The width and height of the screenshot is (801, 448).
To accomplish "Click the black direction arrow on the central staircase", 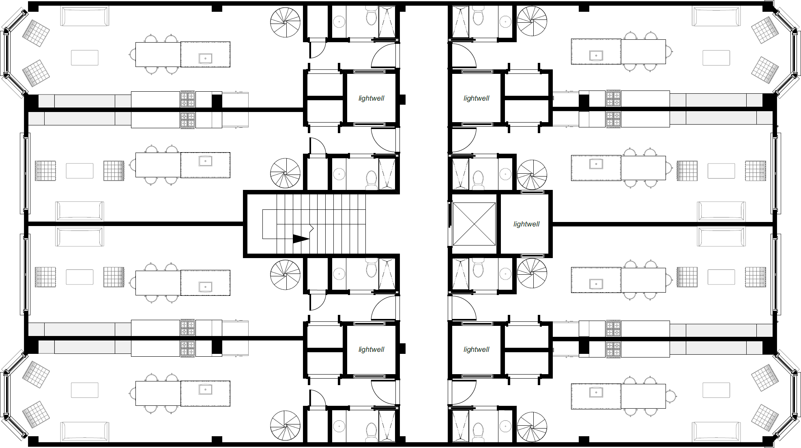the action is pyautogui.click(x=301, y=239).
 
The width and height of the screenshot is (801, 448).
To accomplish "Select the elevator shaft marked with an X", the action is pyautogui.click(x=474, y=224).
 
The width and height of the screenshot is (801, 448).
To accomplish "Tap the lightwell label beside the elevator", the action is pyautogui.click(x=526, y=224).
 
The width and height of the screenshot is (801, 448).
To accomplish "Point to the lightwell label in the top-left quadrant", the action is pyautogui.click(x=371, y=98).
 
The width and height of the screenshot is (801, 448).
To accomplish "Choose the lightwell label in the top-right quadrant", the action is pyautogui.click(x=477, y=98).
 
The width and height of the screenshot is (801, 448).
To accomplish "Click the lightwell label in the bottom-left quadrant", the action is pyautogui.click(x=371, y=349).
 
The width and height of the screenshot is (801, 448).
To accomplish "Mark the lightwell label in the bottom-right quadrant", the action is pyautogui.click(x=477, y=349).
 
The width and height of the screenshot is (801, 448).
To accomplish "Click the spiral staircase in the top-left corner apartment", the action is pyautogui.click(x=286, y=22).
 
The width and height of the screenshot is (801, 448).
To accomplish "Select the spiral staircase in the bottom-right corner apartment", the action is pyautogui.click(x=532, y=426).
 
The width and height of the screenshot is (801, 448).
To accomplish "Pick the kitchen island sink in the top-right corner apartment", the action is pyautogui.click(x=596, y=56).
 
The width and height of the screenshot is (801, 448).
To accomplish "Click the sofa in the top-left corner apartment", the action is pyautogui.click(x=85, y=16).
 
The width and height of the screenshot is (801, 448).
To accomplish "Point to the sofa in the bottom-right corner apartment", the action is pyautogui.click(x=716, y=432).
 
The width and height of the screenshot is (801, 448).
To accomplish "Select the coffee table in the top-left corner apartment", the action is pyautogui.click(x=85, y=58).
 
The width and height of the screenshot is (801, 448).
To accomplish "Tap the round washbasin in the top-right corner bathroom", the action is pyautogui.click(x=505, y=22).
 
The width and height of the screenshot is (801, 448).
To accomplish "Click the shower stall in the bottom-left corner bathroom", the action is pyautogui.click(x=387, y=426).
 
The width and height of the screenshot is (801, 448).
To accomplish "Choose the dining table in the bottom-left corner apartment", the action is pyautogui.click(x=158, y=393).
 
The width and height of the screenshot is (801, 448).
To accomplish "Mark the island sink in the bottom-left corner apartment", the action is pyautogui.click(x=206, y=390).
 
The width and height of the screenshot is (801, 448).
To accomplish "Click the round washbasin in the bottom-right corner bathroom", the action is pyautogui.click(x=505, y=426).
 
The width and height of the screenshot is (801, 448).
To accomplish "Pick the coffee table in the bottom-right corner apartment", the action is pyautogui.click(x=716, y=390).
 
